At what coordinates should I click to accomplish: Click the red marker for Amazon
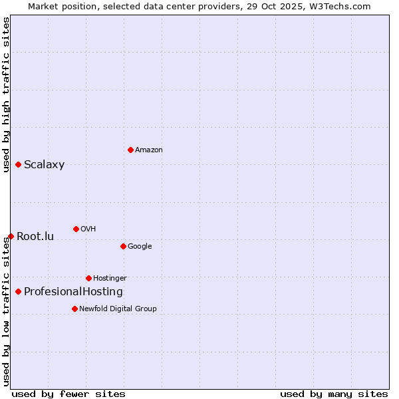click(x=130, y=150)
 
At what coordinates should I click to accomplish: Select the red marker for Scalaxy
click(x=18, y=164)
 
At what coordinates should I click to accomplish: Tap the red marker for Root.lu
click(x=11, y=236)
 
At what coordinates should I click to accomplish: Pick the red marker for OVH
click(x=76, y=229)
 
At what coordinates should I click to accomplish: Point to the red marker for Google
click(x=123, y=246)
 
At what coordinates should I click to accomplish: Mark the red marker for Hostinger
click(x=88, y=278)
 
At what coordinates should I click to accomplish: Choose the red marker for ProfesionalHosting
click(x=18, y=291)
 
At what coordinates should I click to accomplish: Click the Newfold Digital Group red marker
click(x=74, y=309)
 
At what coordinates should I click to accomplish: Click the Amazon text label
click(x=148, y=150)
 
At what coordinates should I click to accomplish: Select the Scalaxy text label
click(x=44, y=165)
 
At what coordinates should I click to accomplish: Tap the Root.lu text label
click(x=35, y=237)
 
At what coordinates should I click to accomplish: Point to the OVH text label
click(x=88, y=229)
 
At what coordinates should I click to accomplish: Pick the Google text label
click(x=140, y=247)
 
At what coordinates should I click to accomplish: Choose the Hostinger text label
click(x=110, y=279)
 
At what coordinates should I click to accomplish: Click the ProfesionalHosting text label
click(x=73, y=292)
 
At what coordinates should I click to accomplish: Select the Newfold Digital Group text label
click(x=118, y=309)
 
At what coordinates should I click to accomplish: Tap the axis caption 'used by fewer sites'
click(x=68, y=394)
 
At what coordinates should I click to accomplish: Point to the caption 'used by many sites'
click(x=333, y=394)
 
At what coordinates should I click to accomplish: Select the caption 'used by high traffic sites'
click(x=6, y=94)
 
